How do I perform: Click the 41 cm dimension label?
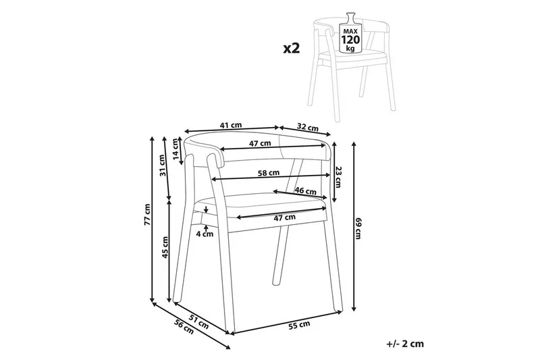[231, 125]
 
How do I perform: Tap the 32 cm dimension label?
[308, 127]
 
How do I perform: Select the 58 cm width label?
[269, 173]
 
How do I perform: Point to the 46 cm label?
[305, 190]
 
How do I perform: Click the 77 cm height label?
[147, 215]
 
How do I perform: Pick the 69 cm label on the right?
[358, 228]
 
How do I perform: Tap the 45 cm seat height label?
[165, 247]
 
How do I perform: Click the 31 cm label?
[163, 165]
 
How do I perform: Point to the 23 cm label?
[338, 177]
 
